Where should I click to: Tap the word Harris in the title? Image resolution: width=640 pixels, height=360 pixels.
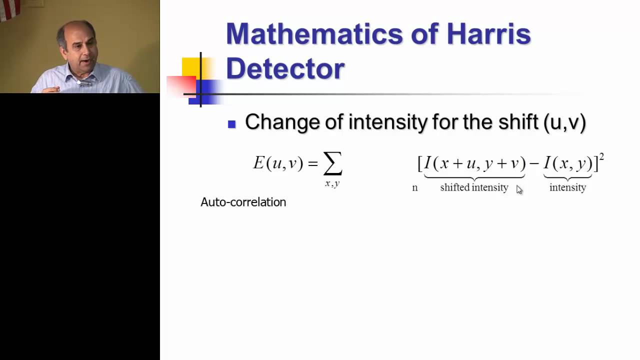point(488,34)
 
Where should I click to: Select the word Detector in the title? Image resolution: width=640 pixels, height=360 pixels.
point(285,68)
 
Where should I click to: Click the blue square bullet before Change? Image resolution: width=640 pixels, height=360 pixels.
point(231,124)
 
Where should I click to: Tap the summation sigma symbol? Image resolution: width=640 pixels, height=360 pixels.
point(332,163)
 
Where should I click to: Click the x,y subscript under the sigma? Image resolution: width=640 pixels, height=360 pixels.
point(332,183)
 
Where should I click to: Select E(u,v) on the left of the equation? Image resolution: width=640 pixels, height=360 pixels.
point(278,163)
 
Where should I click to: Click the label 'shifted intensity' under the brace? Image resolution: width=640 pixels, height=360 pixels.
point(474,187)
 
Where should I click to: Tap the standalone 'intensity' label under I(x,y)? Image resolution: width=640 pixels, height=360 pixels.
point(567,187)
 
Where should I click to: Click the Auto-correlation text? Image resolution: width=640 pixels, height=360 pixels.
point(243,202)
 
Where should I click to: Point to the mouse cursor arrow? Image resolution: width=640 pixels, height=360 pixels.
point(519,189)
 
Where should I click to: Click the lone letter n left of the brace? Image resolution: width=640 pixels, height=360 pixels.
point(414,188)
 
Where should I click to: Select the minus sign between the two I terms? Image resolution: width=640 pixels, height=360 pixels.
point(534,163)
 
